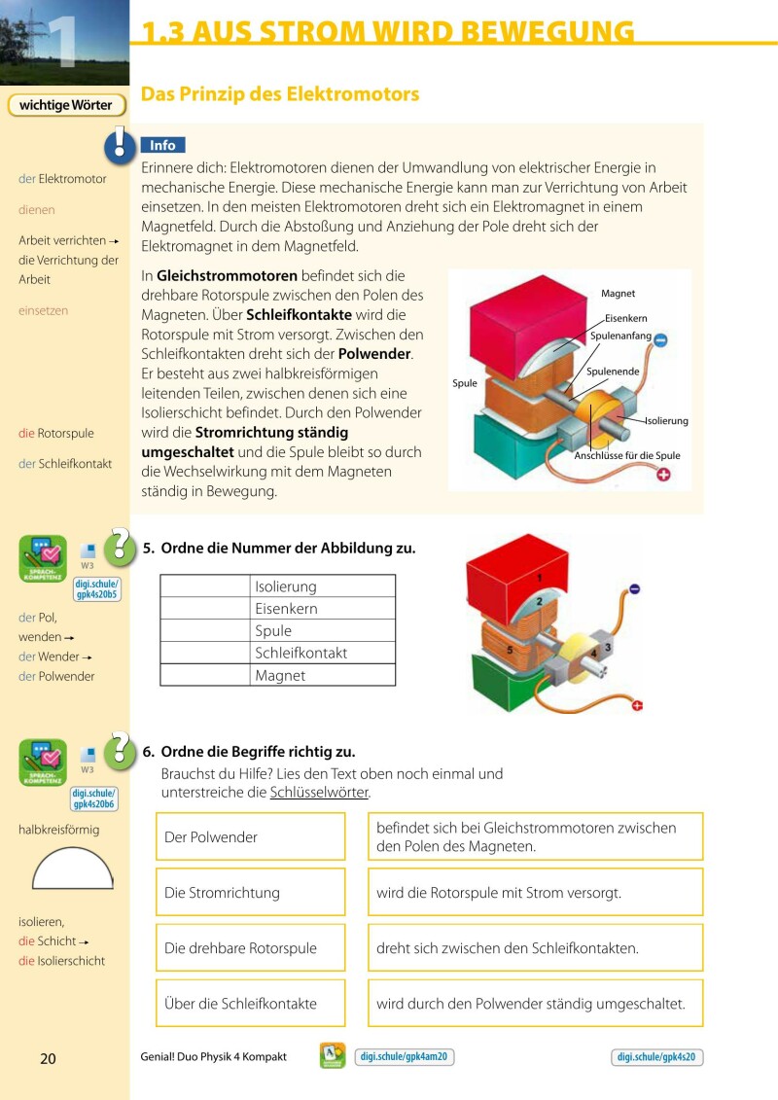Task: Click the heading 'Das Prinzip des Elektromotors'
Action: tap(280, 94)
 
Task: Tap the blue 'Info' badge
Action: tap(162, 145)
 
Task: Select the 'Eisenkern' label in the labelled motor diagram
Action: tap(625, 318)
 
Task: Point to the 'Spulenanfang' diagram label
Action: tap(620, 336)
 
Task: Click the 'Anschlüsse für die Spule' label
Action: tap(627, 455)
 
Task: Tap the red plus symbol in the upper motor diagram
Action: tap(665, 475)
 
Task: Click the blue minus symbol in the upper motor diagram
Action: tap(660, 340)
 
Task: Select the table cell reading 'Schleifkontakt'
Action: tap(322, 653)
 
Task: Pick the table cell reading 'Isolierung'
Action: tap(322, 586)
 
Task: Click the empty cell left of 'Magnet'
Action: tap(205, 675)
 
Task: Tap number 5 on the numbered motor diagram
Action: tap(510, 648)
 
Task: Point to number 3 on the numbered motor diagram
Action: tap(608, 646)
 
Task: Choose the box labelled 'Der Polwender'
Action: tap(250, 836)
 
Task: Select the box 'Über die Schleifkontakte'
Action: tap(250, 1004)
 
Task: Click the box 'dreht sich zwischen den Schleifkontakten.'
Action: tap(535, 948)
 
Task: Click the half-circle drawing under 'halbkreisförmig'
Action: tap(73, 869)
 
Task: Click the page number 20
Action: tap(48, 1058)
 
